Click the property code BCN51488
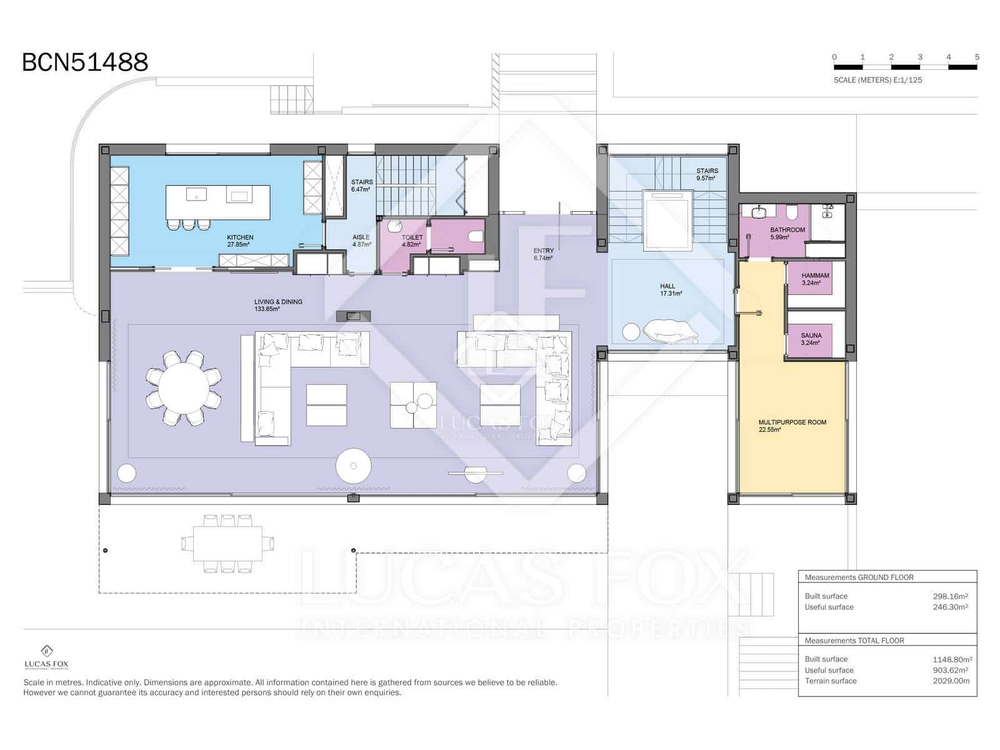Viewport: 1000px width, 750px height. [x=85, y=62]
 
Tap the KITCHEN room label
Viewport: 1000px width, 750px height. [x=240, y=237]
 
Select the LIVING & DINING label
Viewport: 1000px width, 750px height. [x=278, y=301]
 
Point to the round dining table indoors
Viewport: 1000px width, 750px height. [x=184, y=388]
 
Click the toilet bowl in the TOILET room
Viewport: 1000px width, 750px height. [x=476, y=236]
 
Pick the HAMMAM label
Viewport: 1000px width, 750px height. [x=816, y=276]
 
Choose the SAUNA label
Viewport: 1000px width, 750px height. [x=811, y=336]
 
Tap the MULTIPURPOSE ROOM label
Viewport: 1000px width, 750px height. [x=792, y=422]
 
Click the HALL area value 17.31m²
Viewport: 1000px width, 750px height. [x=671, y=294]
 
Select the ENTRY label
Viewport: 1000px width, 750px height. [x=544, y=251]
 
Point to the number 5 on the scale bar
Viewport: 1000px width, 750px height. [x=977, y=57]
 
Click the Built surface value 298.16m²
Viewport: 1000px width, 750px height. [x=951, y=596]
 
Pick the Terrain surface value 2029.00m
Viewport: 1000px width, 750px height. [x=951, y=681]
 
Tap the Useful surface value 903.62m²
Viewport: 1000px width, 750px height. [x=951, y=670]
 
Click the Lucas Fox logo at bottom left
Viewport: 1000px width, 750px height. [x=46, y=657]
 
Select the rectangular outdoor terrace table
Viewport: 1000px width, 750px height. [x=227, y=544]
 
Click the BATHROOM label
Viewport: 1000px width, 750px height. [x=787, y=230]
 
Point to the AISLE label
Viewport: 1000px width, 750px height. [x=361, y=237]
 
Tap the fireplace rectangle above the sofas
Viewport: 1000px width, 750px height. [x=353, y=316]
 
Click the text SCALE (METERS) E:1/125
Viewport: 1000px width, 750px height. [x=877, y=80]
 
